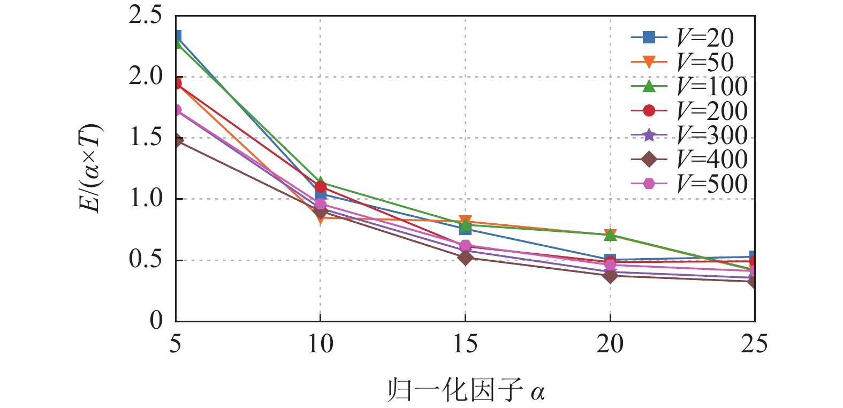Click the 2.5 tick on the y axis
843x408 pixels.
point(145,16)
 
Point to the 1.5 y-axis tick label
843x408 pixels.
point(145,138)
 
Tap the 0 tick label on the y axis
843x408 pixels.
point(156,321)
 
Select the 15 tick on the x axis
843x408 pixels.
point(465,343)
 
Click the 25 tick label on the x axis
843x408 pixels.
point(754,343)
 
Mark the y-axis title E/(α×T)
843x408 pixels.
point(92,168)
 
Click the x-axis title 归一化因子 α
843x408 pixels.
point(466,391)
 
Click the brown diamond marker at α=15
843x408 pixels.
point(465,258)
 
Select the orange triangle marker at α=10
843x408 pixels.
point(321,217)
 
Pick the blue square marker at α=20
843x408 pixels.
point(610,260)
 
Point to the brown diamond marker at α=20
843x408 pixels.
point(610,275)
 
